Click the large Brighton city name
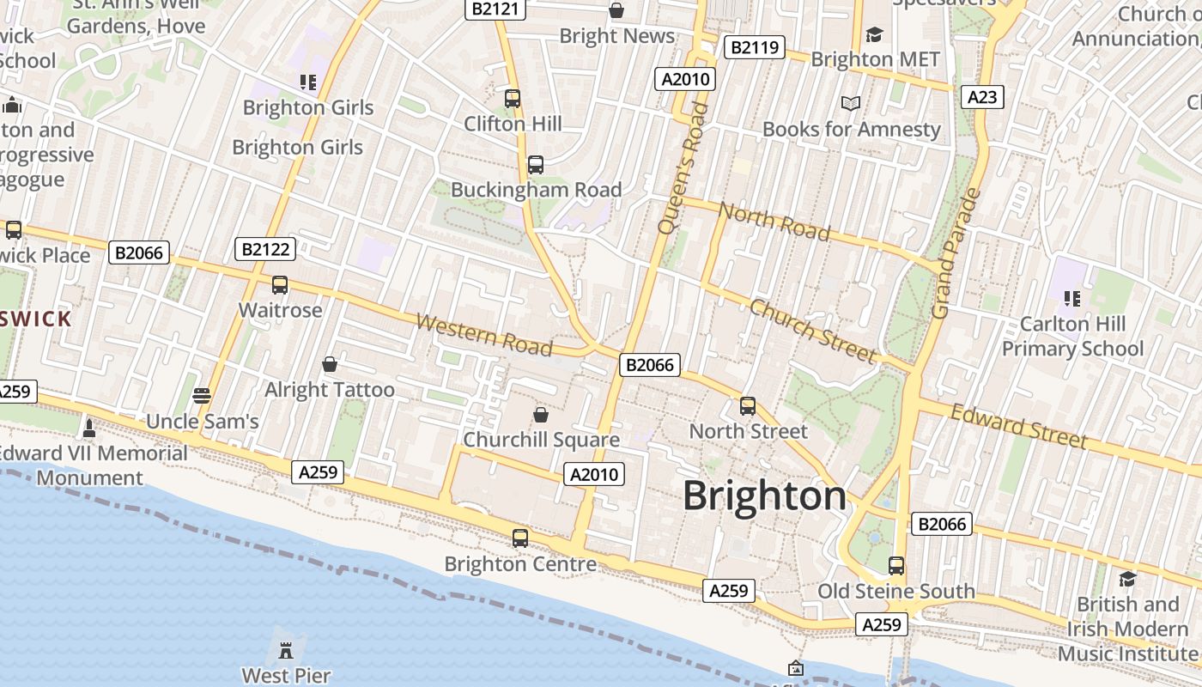pyautogui.click(x=764, y=496)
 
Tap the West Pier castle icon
pyautogui.click(x=287, y=645)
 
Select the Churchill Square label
pyautogui.click(x=541, y=440)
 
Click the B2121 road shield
pyautogui.click(x=495, y=9)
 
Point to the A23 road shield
pyautogui.click(x=981, y=97)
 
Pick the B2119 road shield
pyautogui.click(x=755, y=47)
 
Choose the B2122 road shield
pyautogui.click(x=265, y=250)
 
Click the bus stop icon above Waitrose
pyautogui.click(x=280, y=285)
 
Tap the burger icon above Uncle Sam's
pyautogui.click(x=202, y=396)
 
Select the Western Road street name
pyautogui.click(x=484, y=334)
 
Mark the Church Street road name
pyautogui.click(x=812, y=331)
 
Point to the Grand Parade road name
pyautogui.click(x=956, y=253)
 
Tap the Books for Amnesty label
pyautogui.click(x=852, y=130)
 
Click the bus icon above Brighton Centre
pyautogui.click(x=520, y=538)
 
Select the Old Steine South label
pyautogui.click(x=895, y=591)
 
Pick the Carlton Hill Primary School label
pyautogui.click(x=1072, y=337)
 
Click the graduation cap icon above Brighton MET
pyautogui.click(x=874, y=34)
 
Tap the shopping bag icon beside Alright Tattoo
pyautogui.click(x=329, y=365)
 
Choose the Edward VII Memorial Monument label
pyautogui.click(x=94, y=465)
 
